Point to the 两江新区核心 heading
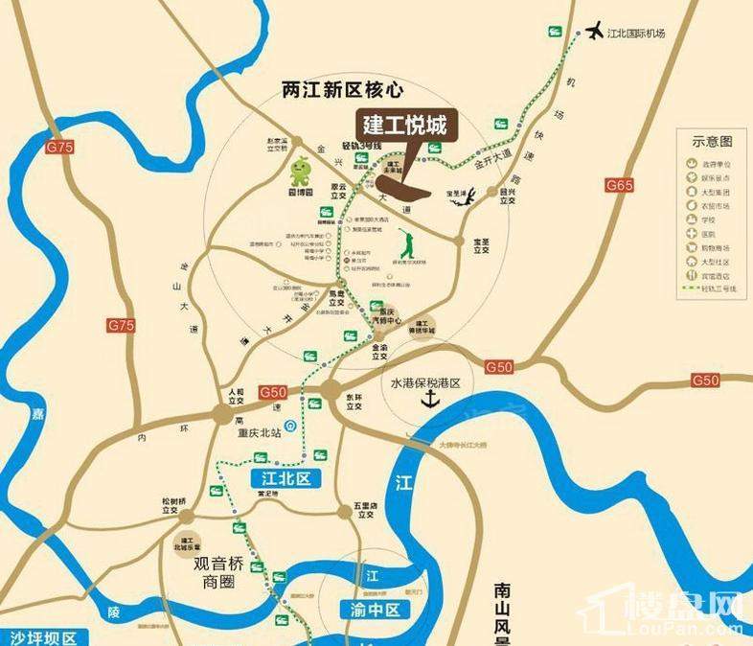tap(344, 89)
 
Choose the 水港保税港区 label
tap(426, 381)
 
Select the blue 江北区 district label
tap(282, 476)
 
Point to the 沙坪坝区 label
tap(42, 637)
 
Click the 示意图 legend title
tap(712, 142)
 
